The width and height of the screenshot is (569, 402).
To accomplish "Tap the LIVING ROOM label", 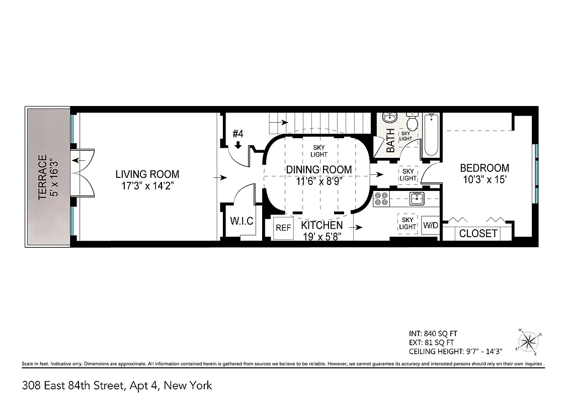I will [147, 174].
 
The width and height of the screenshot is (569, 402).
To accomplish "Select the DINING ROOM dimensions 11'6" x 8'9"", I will [319, 182].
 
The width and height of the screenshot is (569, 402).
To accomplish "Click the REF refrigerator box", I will [283, 228].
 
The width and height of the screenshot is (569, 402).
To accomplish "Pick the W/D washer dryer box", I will [431, 226].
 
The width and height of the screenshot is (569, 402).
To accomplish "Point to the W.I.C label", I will [241, 222].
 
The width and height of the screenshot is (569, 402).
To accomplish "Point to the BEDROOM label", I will [484, 168].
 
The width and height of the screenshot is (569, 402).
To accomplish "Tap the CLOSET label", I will [478, 233].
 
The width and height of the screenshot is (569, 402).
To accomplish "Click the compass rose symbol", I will [528, 342].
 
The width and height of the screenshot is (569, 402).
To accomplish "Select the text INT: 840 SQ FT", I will [433, 333].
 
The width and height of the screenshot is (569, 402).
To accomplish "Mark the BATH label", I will [390, 141].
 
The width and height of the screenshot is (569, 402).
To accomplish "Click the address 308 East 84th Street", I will [73, 386].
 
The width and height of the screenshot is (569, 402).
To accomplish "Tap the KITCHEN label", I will [322, 226].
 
